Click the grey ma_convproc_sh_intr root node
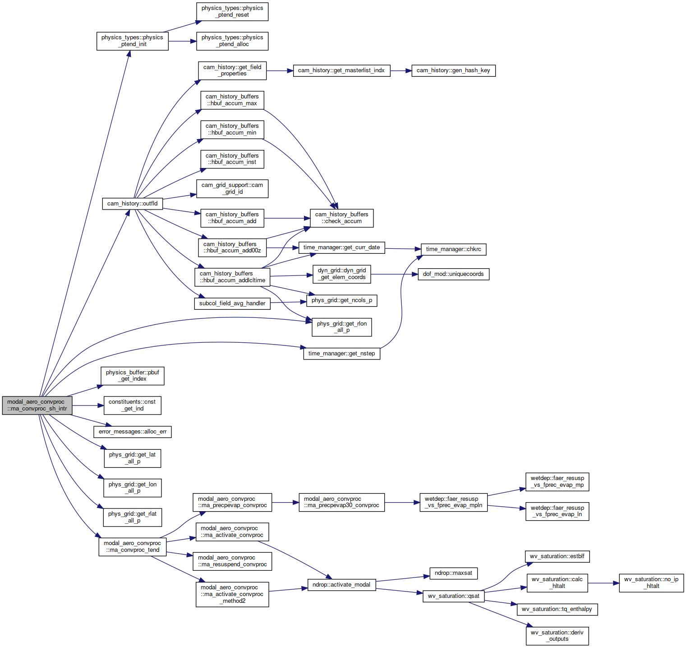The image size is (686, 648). click(37, 406)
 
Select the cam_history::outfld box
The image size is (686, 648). click(133, 204)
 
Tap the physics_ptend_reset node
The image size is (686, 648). click(232, 12)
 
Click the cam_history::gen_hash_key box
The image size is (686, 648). click(453, 70)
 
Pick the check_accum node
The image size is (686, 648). click(342, 218)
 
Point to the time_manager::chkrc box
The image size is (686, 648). click(453, 249)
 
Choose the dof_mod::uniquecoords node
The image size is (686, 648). click(453, 274)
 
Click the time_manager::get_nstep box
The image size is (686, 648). click(342, 354)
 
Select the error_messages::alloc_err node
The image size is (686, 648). click(133, 432)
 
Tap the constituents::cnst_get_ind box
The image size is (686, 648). click(133, 406)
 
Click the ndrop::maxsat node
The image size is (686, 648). click(453, 573)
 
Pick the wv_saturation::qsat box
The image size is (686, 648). click(453, 596)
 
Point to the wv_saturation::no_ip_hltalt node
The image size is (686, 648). click(651, 583)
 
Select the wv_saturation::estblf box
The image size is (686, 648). click(557, 556)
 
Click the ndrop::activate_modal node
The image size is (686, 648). click(341, 585)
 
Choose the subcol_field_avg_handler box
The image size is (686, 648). click(232, 303)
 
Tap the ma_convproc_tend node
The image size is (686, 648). click(133, 547)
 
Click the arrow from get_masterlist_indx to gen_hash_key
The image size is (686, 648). click(401, 70)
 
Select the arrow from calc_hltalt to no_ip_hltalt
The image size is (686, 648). click(603, 583)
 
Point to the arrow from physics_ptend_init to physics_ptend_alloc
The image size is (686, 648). click(182, 42)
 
